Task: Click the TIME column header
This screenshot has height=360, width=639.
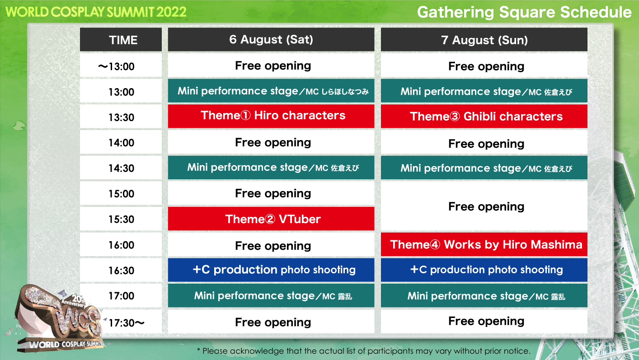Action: (x=121, y=40)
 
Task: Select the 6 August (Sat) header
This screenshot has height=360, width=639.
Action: (x=271, y=40)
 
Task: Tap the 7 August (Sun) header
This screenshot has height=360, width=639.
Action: (x=484, y=40)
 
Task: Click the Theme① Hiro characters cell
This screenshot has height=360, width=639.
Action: (x=271, y=116)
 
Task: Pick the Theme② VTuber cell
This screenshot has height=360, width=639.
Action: (x=271, y=219)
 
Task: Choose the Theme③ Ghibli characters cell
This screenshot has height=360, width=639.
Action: (x=484, y=116)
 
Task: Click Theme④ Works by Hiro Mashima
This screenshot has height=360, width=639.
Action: (x=484, y=244)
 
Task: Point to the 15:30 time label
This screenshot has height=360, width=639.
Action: (x=121, y=219)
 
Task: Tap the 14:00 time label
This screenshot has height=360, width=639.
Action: (x=121, y=143)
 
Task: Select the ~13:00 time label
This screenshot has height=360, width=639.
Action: (x=116, y=66)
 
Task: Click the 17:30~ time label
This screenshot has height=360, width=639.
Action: (x=127, y=323)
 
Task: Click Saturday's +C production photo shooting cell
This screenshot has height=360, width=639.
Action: (x=271, y=270)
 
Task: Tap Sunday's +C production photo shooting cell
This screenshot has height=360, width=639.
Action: (x=484, y=270)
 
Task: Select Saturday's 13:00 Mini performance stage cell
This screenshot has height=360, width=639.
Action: (x=271, y=91)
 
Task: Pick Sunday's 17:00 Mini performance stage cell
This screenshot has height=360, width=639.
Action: (x=484, y=295)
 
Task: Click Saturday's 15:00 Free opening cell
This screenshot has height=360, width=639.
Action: (x=271, y=193)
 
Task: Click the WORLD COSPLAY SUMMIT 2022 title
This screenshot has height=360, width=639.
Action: (x=96, y=12)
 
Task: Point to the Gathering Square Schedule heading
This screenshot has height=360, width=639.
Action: (x=524, y=12)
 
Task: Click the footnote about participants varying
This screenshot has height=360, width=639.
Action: (x=364, y=351)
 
